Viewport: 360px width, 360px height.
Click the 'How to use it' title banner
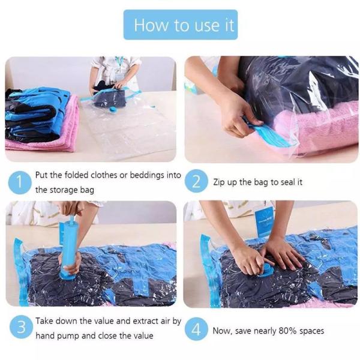point(181,25)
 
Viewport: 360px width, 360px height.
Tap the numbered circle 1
point(20,182)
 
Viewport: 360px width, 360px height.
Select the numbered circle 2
point(196,181)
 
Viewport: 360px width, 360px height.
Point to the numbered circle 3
point(21,327)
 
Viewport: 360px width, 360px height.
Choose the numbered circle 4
point(196,329)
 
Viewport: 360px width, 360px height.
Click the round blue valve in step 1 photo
point(113,110)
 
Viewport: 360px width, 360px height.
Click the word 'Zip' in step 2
point(218,182)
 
